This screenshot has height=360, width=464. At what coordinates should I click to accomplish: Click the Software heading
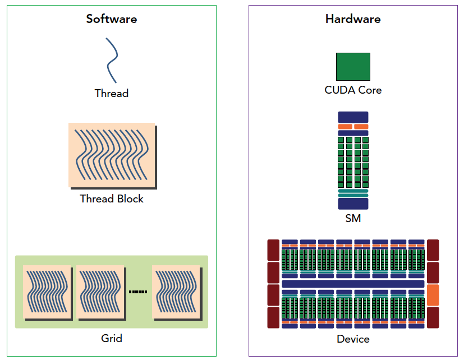111,19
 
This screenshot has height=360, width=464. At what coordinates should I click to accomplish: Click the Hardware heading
353,19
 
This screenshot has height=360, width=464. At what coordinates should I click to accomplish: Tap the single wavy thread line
112,60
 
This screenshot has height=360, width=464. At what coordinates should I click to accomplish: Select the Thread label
111,94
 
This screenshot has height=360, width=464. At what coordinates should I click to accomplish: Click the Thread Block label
111,199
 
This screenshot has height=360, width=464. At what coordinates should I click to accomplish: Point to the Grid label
111,338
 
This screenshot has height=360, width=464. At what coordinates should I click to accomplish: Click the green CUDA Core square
353,67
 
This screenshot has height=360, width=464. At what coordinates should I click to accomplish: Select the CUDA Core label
353,90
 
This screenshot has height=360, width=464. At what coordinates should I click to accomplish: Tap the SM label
353,219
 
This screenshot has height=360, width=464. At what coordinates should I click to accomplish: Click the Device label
353,339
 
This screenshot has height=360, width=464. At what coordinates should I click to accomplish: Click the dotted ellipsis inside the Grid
138,292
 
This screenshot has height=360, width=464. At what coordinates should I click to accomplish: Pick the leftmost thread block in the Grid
47,292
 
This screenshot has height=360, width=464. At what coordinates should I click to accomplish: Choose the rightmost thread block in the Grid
176,292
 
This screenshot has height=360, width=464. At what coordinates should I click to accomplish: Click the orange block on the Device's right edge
433,294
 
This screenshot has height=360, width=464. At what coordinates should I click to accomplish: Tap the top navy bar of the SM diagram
353,117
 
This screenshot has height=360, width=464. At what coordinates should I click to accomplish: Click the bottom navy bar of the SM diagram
353,204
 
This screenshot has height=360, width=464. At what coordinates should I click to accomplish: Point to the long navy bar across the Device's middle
353,284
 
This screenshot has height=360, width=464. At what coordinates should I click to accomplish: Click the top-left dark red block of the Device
273,250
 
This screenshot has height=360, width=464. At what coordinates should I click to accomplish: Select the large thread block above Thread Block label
112,155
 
